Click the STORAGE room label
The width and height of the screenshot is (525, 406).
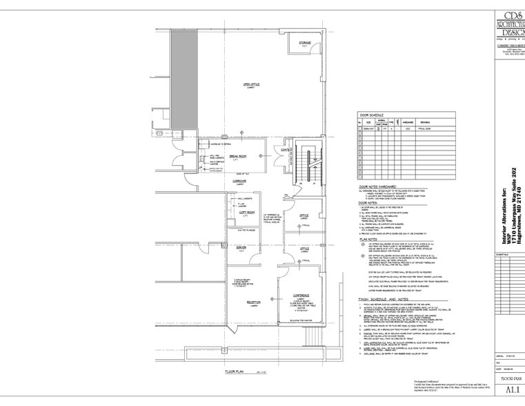pyautogui.click(x=304, y=43)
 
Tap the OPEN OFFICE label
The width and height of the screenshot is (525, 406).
pyautogui.click(x=250, y=86)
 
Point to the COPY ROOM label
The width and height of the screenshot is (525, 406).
pyautogui.click(x=246, y=213)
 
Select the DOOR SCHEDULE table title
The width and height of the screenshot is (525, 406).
pyautogui.click(x=373, y=115)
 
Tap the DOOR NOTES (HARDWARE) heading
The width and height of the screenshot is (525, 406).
pyautogui.click(x=382, y=187)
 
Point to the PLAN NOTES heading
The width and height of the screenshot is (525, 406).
pyautogui.click(x=370, y=240)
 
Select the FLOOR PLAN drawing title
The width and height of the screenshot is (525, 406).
pyautogui.click(x=236, y=371)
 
